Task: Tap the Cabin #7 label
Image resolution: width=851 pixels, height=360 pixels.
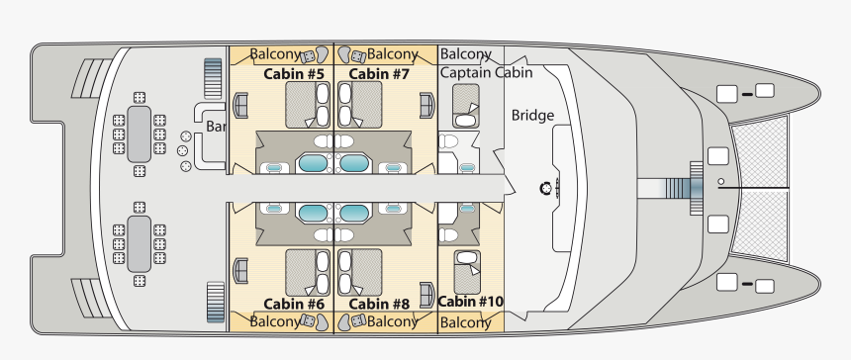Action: (x=379, y=74)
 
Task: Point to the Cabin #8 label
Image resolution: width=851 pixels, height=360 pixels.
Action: (x=379, y=304)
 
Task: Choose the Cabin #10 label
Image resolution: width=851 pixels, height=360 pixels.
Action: (x=470, y=302)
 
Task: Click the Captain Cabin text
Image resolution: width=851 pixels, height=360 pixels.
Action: (x=486, y=72)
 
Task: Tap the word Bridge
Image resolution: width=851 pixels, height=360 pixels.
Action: (x=532, y=116)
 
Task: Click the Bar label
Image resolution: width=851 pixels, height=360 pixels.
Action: (x=217, y=127)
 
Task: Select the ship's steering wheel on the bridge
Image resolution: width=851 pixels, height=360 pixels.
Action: (x=544, y=187)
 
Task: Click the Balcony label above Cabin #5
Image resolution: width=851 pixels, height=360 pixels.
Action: (x=275, y=54)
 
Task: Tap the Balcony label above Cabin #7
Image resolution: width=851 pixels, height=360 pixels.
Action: (x=393, y=54)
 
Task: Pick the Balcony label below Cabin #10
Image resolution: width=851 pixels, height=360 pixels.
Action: (x=465, y=322)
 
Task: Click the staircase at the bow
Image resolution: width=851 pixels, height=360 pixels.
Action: (x=679, y=187)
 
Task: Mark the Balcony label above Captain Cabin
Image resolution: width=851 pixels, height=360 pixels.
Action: (x=465, y=53)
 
